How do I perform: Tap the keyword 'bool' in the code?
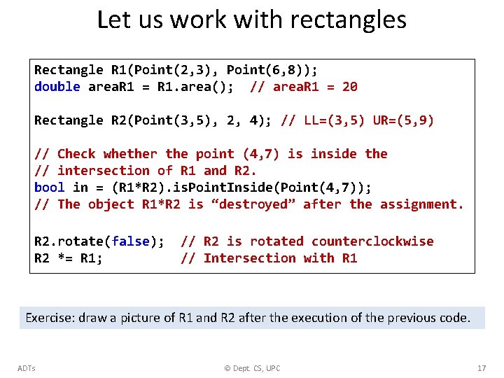coord(49,188)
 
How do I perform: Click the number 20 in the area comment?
coord(349,87)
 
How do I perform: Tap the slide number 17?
coord(481,368)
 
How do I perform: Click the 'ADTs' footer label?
coord(27,368)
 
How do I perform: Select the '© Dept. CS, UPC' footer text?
coord(252,368)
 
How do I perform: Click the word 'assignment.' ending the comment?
coord(421,204)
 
